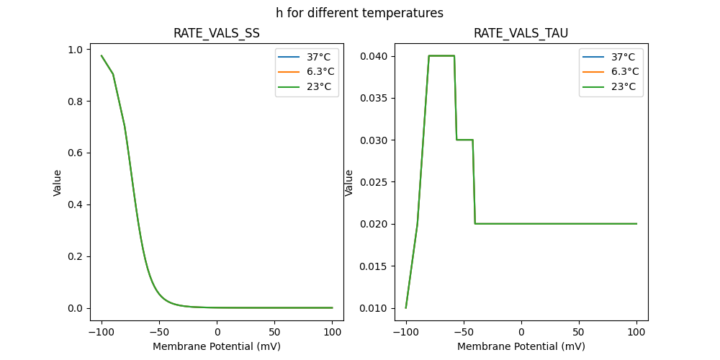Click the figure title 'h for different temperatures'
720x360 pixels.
coord(359,13)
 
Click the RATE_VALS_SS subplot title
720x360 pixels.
coord(216,33)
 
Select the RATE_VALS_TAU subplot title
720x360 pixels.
coord(521,33)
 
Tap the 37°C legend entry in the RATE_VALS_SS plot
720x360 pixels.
coord(307,57)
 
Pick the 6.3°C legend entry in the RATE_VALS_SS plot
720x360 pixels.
coord(307,72)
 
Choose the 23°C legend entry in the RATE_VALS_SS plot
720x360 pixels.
coord(307,86)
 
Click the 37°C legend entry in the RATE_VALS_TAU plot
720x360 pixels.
coord(611,57)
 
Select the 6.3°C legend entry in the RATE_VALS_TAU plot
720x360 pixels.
coord(611,72)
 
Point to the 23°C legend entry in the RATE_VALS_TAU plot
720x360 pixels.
coord(611,86)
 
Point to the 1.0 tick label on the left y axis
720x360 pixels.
coord(75,50)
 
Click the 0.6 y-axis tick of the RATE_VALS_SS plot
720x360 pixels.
coord(75,153)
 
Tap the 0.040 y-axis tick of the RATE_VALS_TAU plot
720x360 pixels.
coord(374,56)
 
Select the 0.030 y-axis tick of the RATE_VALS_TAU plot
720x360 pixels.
coord(374,140)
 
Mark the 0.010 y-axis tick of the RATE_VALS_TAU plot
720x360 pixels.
coord(374,308)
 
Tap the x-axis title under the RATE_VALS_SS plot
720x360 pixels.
coord(216,346)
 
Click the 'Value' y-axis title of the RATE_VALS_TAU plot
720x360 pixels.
coord(349,183)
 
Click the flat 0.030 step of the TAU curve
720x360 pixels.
coord(464,140)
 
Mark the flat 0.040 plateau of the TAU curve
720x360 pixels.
coord(441,55)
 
